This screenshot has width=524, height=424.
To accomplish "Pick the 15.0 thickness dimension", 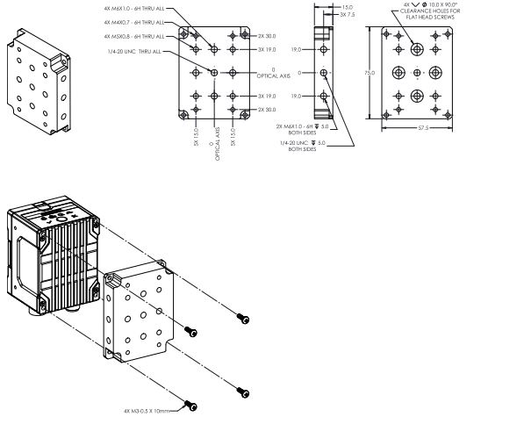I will click(348, 6).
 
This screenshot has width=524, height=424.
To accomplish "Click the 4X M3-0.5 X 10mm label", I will click(150, 410).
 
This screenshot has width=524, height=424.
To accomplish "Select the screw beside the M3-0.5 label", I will click(190, 405).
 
